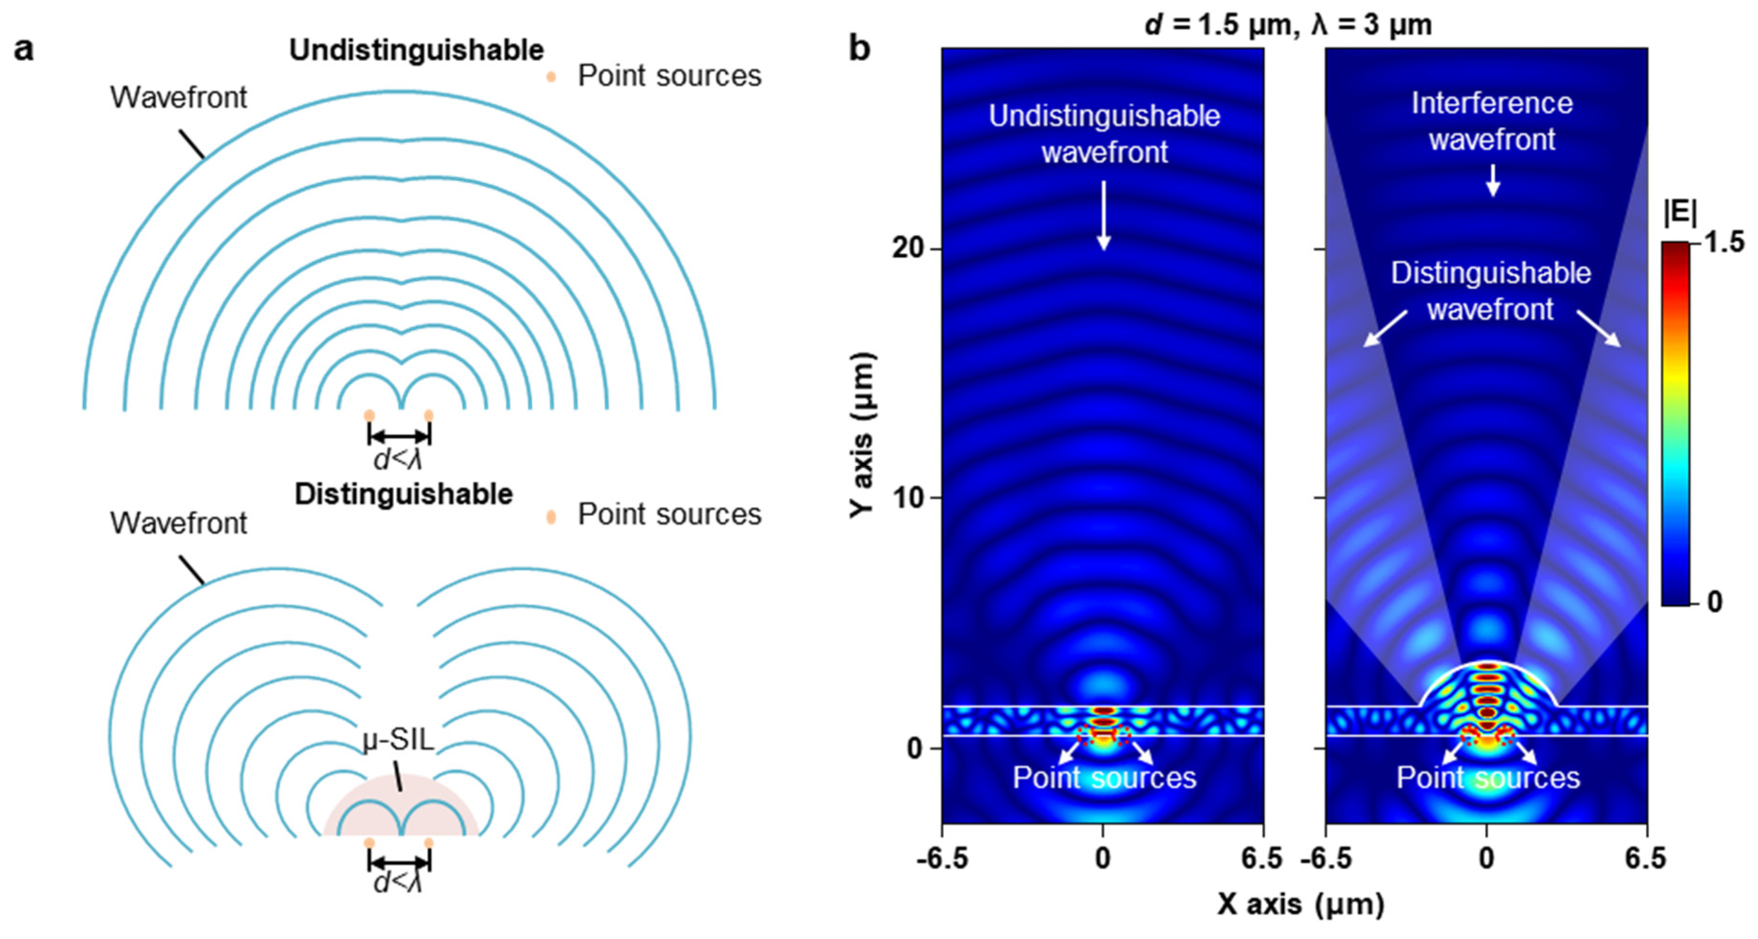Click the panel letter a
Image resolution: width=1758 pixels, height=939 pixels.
23,50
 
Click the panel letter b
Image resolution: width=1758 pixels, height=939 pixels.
859,48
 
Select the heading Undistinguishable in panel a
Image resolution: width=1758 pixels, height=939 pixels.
417,50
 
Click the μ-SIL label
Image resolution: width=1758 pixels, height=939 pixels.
399,740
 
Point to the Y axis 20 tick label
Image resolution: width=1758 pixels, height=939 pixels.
907,248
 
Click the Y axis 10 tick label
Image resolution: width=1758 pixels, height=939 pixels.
907,498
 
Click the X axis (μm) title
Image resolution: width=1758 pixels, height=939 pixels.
1301,904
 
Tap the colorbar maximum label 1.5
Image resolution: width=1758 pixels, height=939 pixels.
1724,242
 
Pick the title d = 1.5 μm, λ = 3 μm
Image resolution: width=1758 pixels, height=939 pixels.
1288,25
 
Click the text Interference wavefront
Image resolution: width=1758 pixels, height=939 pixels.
1492,121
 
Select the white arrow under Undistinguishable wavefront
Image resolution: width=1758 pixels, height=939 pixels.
1104,215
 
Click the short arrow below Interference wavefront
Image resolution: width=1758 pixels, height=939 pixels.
1493,180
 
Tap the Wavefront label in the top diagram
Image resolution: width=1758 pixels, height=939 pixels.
178,98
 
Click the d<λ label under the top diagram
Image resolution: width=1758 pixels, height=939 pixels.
399,460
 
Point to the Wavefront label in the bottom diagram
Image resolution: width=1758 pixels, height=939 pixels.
178,523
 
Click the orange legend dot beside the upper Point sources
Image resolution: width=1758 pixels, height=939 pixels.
551,77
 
